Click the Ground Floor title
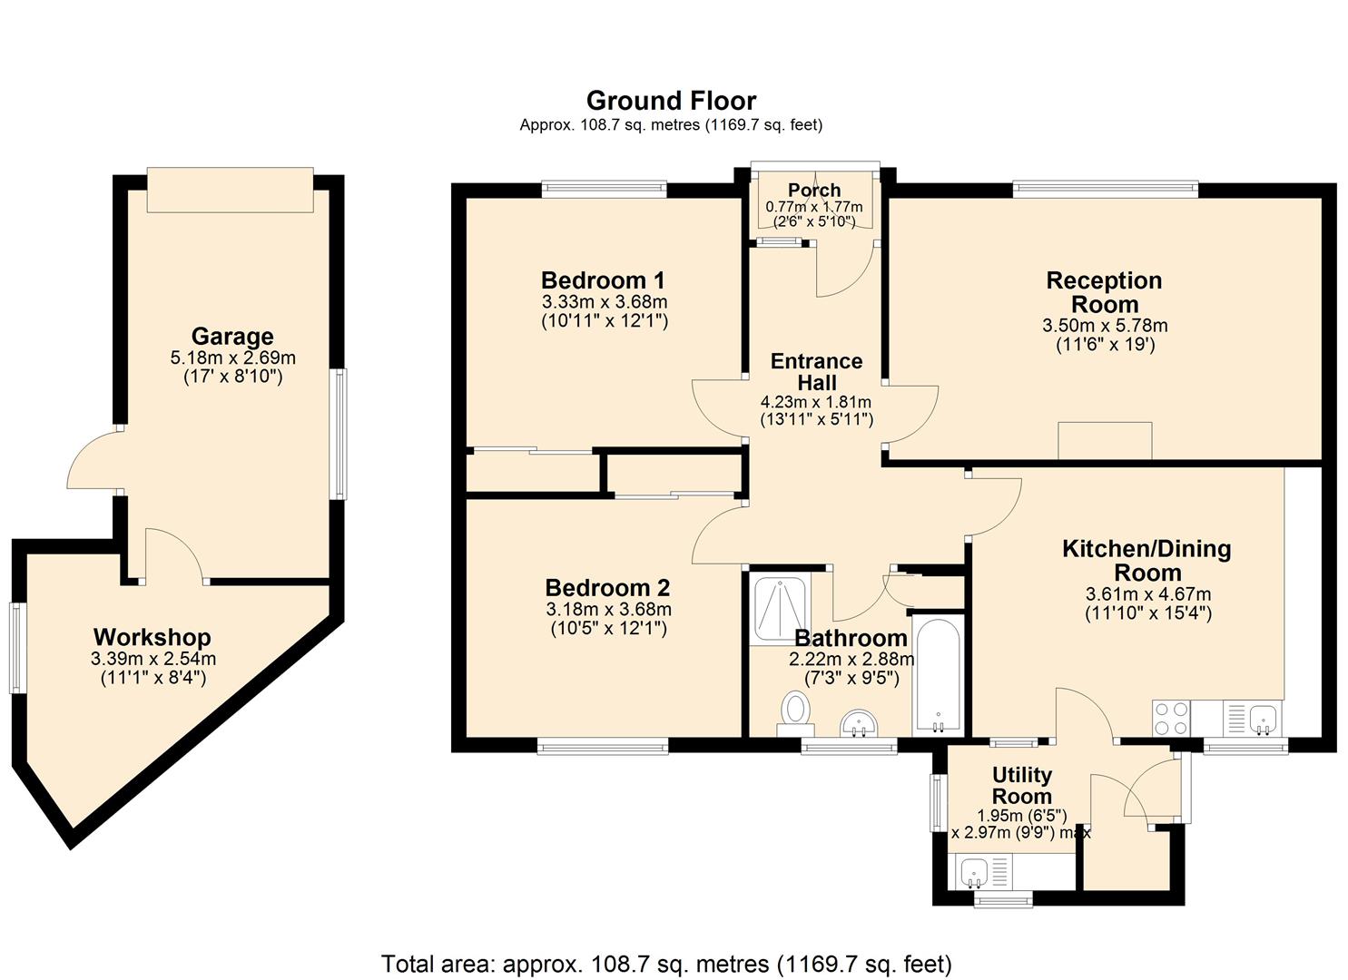671,100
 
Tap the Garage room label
232,337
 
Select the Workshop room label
153,637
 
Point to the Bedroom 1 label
603,279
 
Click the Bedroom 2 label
607,587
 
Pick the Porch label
814,190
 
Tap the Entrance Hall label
816,372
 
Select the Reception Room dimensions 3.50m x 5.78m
1105,325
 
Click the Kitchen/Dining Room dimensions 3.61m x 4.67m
1147,594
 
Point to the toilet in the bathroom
796,710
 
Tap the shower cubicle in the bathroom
780,608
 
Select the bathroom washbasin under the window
858,724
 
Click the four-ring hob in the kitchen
1171,719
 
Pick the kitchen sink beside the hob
1262,719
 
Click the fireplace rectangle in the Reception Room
1105,441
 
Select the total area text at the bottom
666,963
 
